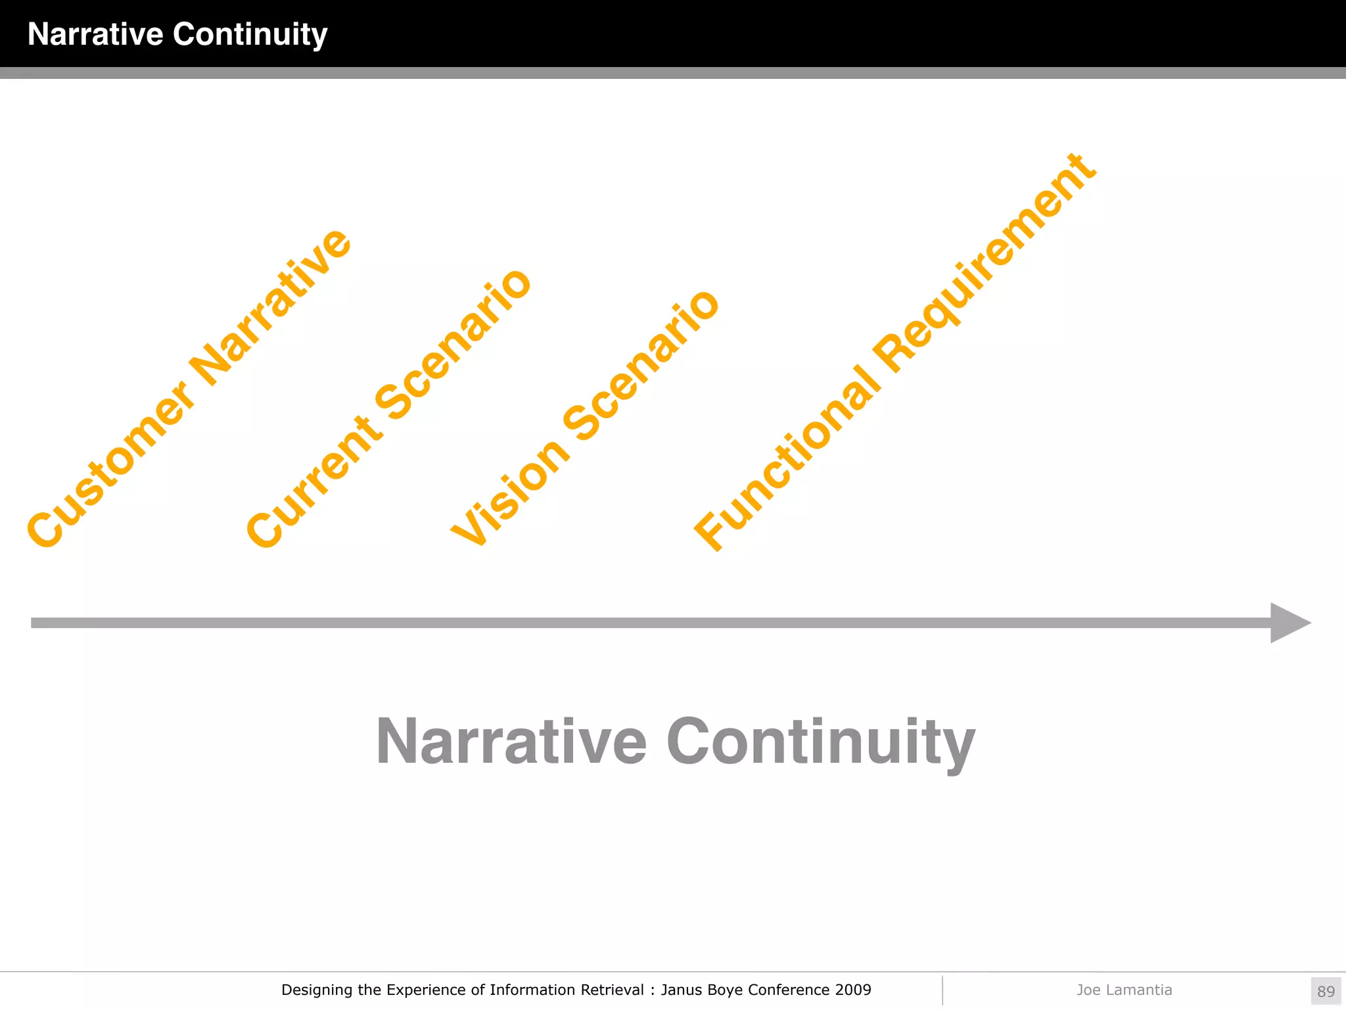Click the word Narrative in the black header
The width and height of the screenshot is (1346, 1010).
pos(95,34)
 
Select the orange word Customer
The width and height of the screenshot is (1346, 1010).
pos(110,464)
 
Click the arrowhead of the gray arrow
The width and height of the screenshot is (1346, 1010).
pos(1288,623)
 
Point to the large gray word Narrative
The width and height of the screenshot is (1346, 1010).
pos(511,742)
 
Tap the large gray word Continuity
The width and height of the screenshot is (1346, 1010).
pos(820,743)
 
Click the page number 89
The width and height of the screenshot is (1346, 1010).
pos(1326,991)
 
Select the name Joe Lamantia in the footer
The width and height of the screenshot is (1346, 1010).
pos(1124,990)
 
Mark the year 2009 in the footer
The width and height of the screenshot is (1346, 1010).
pos(853,990)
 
